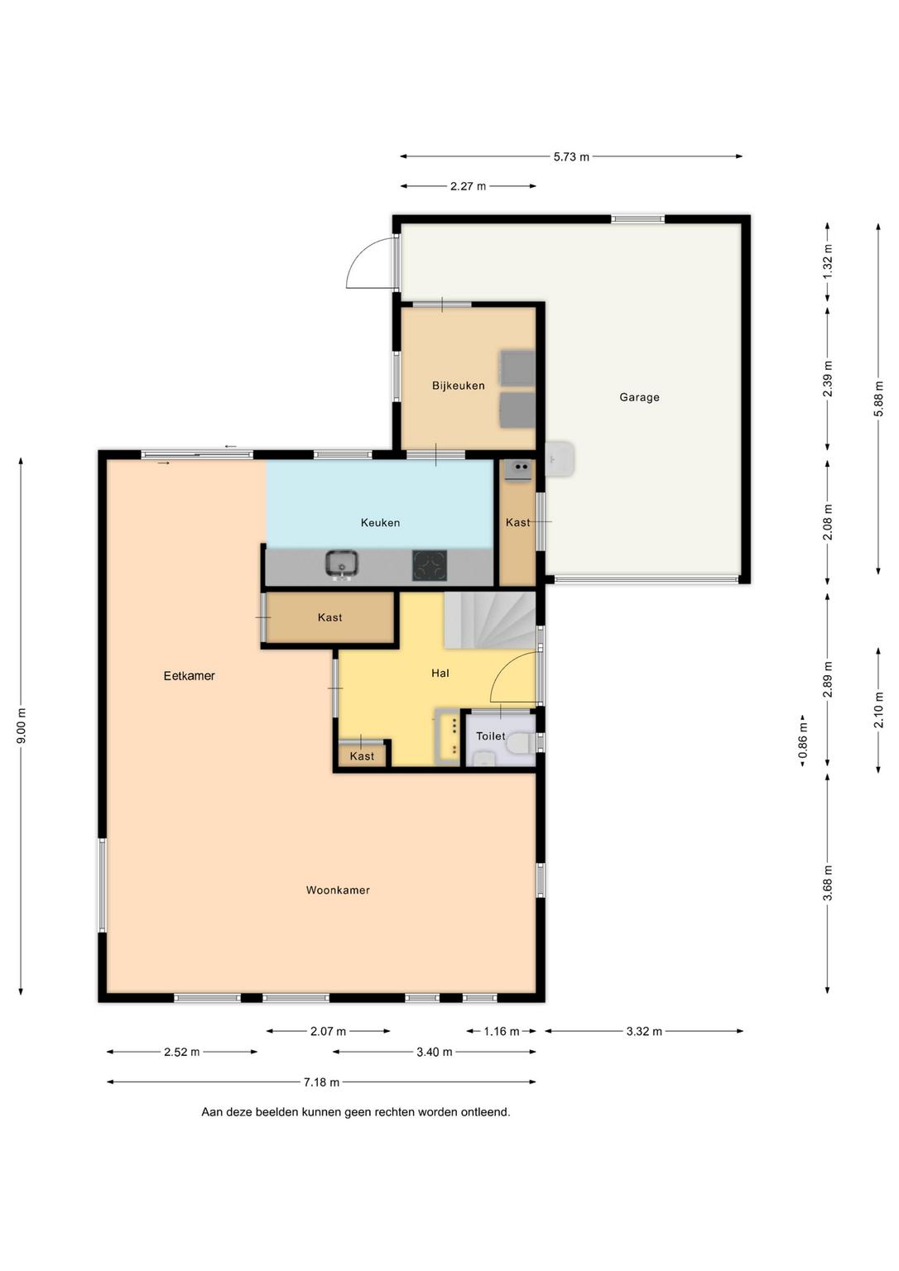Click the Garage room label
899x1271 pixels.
tap(639, 397)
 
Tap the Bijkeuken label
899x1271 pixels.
tap(458, 386)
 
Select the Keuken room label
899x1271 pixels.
tap(380, 523)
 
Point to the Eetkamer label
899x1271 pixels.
tap(189, 676)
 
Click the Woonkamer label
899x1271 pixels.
tap(338, 890)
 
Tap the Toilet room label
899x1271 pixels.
tap(490, 736)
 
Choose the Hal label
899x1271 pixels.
tap(440, 673)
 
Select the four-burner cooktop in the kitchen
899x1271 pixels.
tap(430, 565)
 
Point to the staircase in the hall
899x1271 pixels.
tap(490, 620)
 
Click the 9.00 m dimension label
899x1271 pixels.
tap(21, 726)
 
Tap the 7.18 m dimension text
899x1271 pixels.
tap(321, 1082)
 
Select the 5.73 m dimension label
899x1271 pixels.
tap(571, 156)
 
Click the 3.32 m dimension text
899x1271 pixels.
tap(644, 1032)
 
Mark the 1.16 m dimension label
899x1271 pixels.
tap(502, 1032)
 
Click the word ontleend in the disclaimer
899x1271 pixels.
tap(484, 1112)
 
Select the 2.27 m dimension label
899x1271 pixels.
tap(469, 186)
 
